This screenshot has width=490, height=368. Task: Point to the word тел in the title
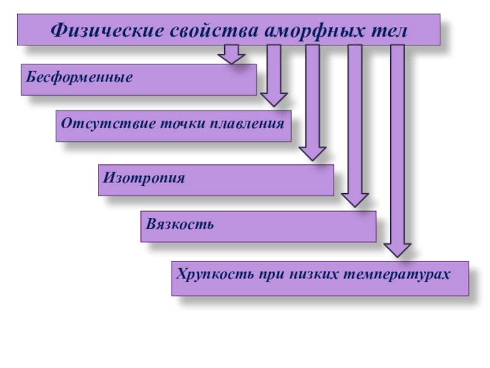(388, 30)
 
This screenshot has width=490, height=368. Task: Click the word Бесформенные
(79, 78)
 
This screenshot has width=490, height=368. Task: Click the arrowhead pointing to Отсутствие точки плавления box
(274, 99)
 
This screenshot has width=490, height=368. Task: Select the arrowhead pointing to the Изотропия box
(312, 153)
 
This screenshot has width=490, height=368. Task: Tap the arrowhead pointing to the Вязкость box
(355, 199)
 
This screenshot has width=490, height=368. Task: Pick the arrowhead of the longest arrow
(397, 248)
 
